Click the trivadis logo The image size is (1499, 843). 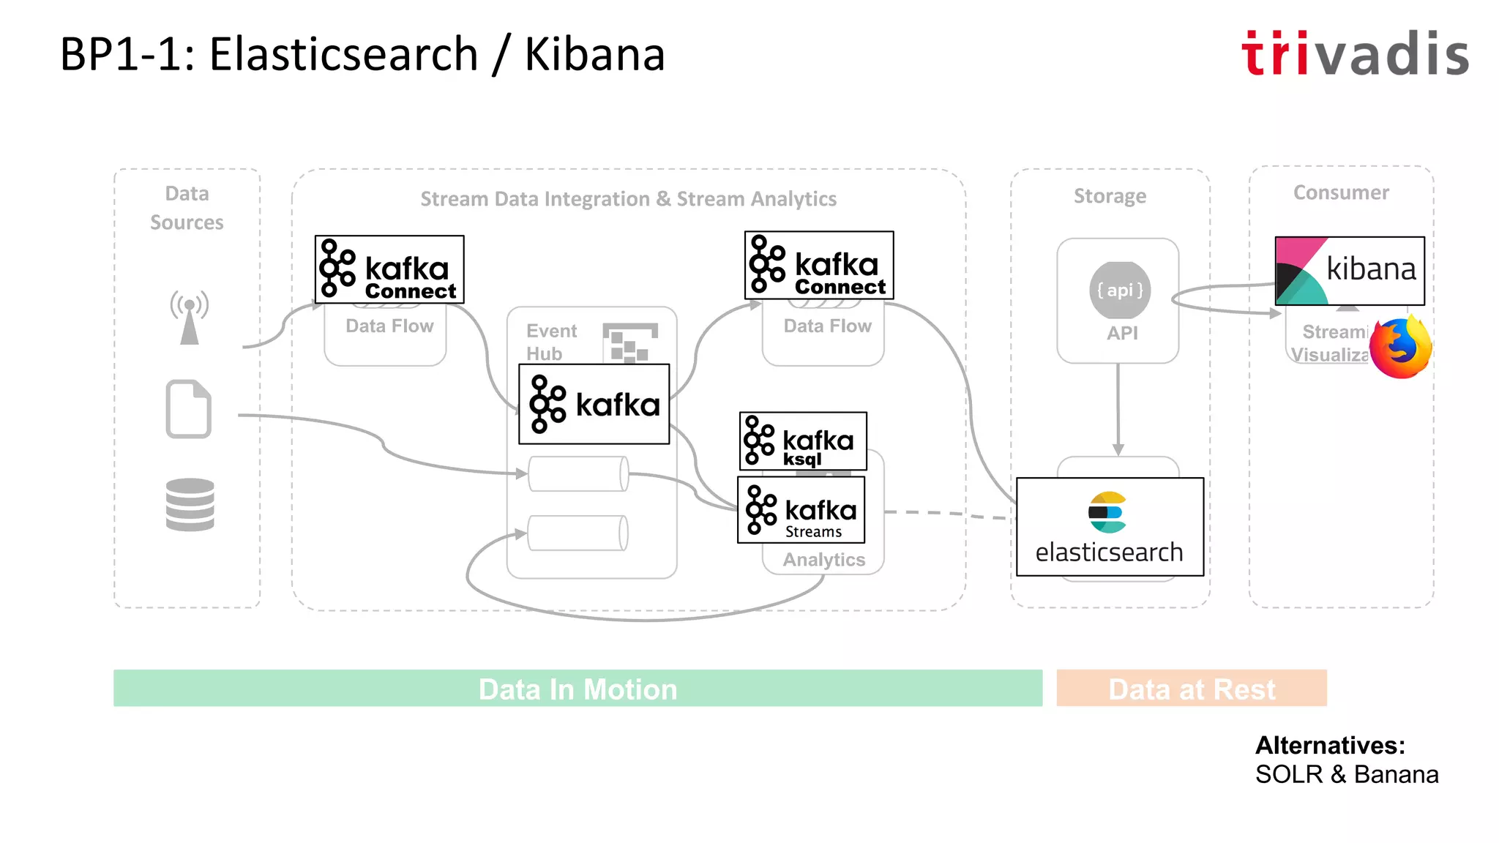[1355, 53]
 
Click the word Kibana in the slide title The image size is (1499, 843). [594, 55]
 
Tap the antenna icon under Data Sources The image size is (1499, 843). [190, 317]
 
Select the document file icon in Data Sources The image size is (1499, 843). [189, 409]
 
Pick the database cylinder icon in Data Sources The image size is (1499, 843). [190, 504]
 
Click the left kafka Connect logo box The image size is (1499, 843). [389, 269]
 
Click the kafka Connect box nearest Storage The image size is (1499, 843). [819, 266]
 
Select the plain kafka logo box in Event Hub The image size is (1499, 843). [594, 404]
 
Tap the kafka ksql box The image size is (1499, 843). [803, 441]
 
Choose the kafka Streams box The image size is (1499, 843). [801, 510]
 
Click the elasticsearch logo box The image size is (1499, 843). [1110, 527]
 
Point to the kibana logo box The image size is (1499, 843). [1350, 271]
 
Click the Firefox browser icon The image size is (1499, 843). [1400, 348]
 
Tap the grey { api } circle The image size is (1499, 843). [1120, 291]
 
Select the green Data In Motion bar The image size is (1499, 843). [577, 689]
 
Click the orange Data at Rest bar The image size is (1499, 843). [1191, 689]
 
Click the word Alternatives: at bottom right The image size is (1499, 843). [1330, 746]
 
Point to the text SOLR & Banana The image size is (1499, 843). [1346, 774]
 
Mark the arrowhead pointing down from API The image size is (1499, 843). [1118, 449]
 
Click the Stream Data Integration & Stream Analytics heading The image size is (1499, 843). [628, 199]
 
